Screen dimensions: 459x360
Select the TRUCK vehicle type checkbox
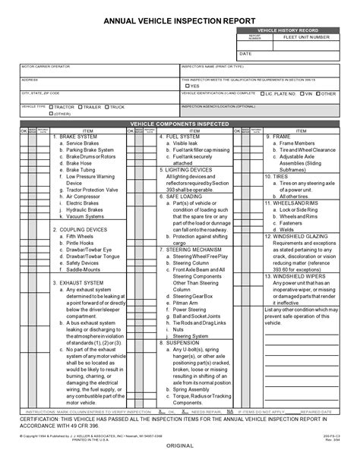[106, 107]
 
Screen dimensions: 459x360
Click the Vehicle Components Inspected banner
[180, 123]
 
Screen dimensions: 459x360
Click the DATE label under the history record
[245, 55]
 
